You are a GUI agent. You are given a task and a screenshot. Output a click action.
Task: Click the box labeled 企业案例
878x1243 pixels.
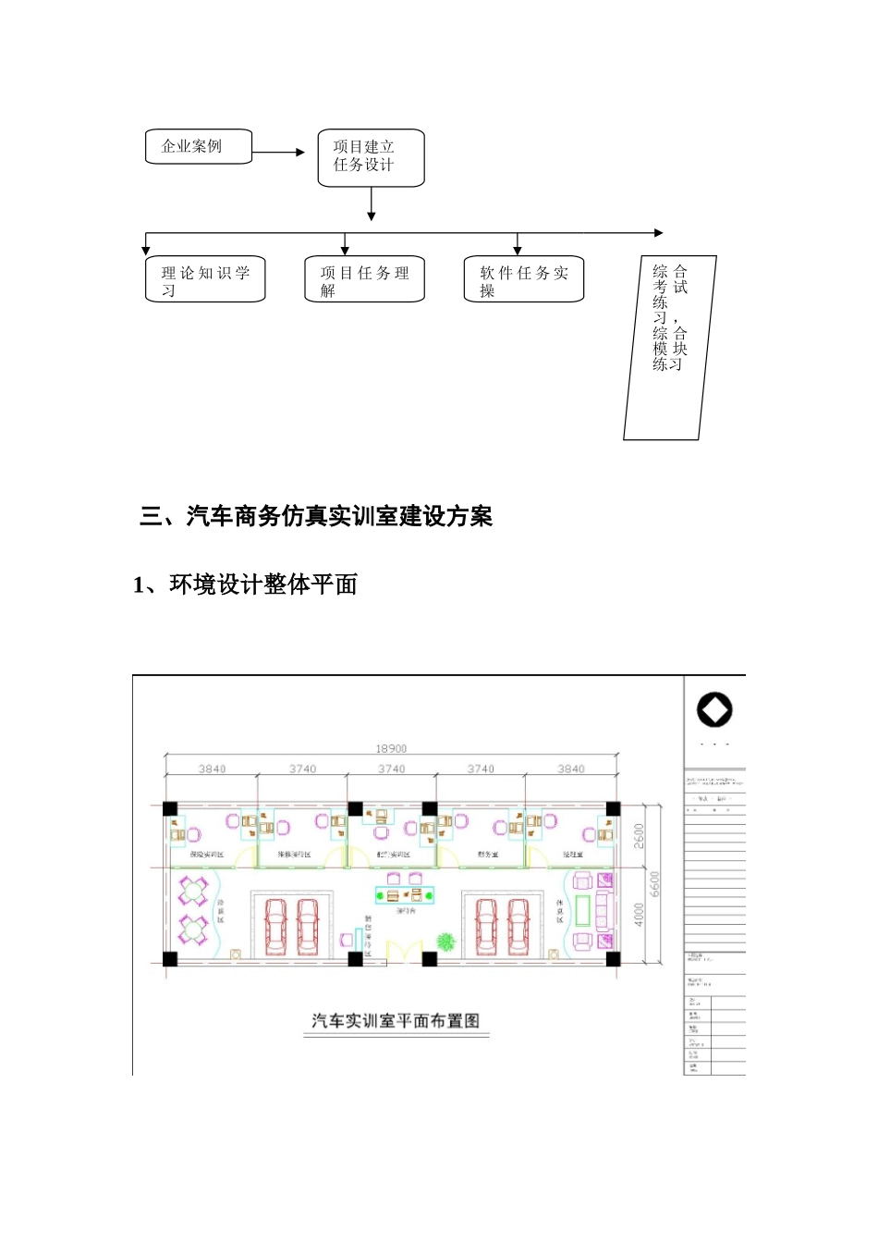click(199, 146)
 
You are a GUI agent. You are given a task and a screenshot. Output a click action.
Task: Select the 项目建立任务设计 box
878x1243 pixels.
click(371, 157)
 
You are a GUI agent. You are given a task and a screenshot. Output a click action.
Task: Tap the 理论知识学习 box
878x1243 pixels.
click(205, 279)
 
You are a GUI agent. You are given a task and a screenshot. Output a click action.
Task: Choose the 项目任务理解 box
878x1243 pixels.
click(364, 279)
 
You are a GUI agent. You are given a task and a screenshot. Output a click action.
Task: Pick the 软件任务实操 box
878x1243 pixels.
click(523, 279)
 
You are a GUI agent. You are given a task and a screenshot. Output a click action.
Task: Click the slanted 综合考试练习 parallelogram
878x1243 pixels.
click(670, 347)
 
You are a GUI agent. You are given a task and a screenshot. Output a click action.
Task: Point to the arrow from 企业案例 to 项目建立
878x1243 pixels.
click(278, 152)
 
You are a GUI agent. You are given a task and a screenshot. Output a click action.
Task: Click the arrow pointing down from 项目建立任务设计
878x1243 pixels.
click(371, 204)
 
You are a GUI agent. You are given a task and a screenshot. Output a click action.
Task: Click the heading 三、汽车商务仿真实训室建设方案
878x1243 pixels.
click(316, 516)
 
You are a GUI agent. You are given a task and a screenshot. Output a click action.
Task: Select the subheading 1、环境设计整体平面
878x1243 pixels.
click(245, 585)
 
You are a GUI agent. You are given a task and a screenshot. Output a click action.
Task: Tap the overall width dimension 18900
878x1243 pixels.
click(391, 749)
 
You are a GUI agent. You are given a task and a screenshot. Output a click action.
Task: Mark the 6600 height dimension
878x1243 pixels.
click(655, 883)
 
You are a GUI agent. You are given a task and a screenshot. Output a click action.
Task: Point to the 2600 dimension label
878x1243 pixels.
click(639, 836)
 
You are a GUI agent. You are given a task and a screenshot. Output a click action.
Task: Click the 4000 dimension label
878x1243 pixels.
click(639, 914)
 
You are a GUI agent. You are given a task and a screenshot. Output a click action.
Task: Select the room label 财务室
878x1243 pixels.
click(487, 855)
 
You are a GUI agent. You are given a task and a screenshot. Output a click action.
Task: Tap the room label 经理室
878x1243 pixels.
click(572, 855)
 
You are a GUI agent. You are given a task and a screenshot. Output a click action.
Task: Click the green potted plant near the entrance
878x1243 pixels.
click(446, 941)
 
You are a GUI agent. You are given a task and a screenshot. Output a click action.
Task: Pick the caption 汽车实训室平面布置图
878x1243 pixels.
click(396, 1021)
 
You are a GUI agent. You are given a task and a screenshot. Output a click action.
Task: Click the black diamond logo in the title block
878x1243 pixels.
click(714, 710)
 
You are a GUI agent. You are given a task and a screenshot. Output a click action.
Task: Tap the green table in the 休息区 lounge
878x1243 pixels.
click(583, 910)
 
